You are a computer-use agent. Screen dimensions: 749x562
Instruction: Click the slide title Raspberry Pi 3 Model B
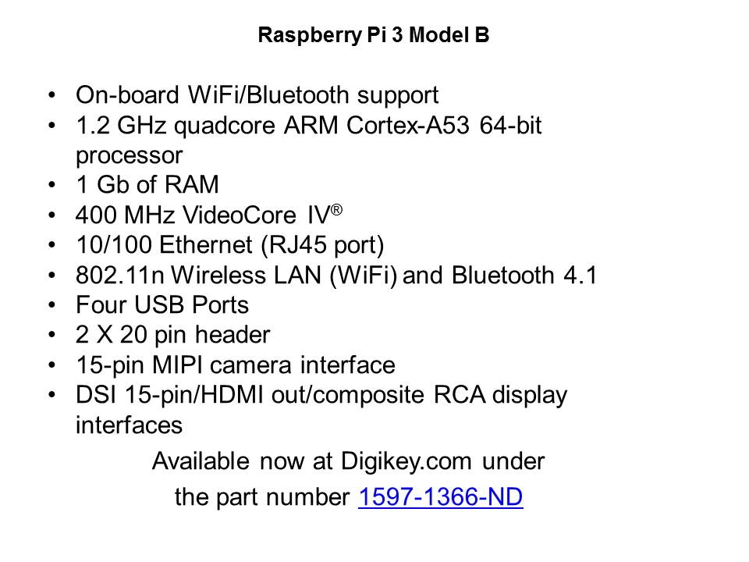tap(374, 35)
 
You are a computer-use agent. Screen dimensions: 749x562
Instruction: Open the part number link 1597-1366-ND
tap(440, 496)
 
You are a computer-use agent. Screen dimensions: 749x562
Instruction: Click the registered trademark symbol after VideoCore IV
tap(337, 210)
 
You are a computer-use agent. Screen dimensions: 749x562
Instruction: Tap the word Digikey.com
tap(406, 461)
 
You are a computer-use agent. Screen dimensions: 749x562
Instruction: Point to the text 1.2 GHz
tap(122, 126)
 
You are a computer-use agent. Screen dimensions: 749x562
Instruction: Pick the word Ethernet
tap(206, 245)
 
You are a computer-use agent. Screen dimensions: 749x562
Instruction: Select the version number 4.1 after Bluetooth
tap(580, 276)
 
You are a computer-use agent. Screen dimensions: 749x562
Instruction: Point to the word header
tap(233, 335)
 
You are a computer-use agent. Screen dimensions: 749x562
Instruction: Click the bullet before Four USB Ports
tap(52, 304)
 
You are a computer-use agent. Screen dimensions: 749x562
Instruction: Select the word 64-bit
tap(510, 126)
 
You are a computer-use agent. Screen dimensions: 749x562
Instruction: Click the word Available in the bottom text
tap(201, 461)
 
